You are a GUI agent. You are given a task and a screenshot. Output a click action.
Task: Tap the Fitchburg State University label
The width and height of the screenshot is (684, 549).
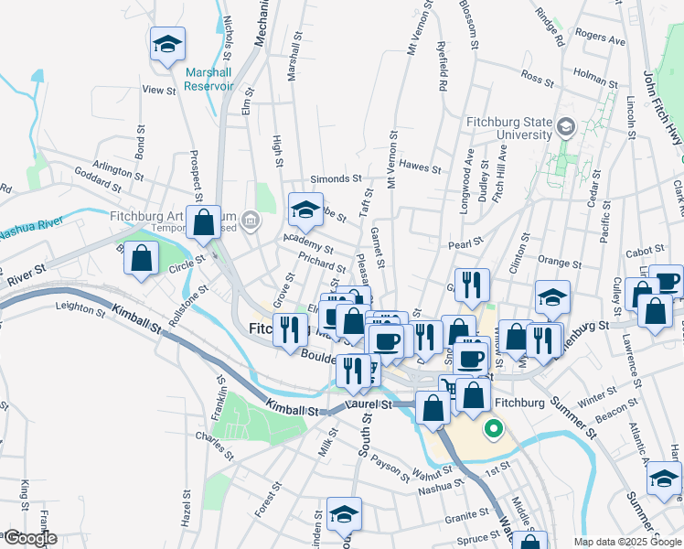point(508,128)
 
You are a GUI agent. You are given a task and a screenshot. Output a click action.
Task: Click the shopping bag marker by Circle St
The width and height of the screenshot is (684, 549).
point(142,258)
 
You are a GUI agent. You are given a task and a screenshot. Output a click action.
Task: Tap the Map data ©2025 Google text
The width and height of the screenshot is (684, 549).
point(626,542)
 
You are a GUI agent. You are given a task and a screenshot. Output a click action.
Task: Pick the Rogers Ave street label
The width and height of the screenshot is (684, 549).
point(601,39)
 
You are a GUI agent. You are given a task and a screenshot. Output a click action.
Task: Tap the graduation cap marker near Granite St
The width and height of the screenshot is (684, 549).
point(345,514)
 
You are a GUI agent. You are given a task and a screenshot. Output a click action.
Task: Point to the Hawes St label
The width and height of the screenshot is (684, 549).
point(421,167)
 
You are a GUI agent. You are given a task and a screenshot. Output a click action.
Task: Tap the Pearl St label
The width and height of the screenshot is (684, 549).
point(465,245)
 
